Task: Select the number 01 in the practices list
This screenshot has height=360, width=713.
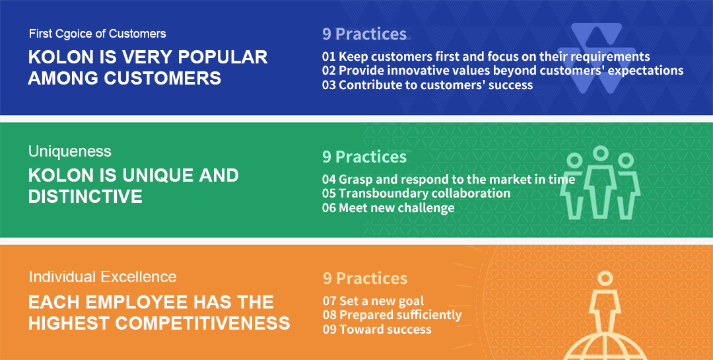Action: point(329,56)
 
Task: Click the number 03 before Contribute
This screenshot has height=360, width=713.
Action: point(329,85)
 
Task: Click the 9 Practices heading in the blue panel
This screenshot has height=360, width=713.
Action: point(364,34)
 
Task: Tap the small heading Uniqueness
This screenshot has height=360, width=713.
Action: point(69,151)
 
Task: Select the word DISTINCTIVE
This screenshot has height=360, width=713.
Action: point(85,197)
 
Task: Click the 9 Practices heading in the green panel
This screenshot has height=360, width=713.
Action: point(364,157)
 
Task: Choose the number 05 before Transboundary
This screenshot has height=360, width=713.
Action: point(329,194)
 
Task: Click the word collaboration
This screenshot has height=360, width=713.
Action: point(471,194)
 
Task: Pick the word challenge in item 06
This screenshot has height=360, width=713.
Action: point(426,208)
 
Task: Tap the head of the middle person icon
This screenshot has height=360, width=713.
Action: point(601,153)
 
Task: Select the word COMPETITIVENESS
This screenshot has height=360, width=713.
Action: point(203,324)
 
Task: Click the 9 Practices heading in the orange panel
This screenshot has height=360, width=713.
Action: point(364,279)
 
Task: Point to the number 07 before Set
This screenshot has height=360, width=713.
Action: point(329,301)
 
